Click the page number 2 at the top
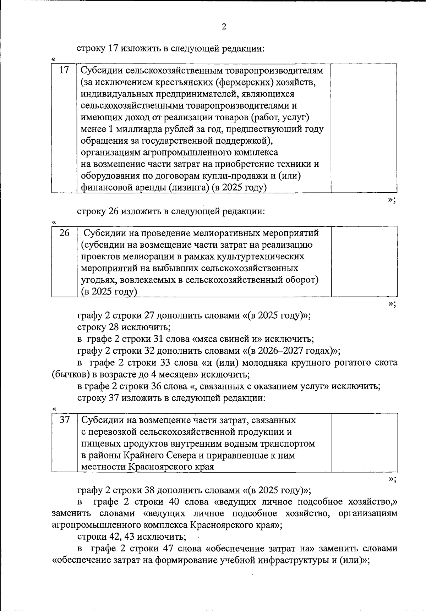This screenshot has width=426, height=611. pyautogui.click(x=224, y=27)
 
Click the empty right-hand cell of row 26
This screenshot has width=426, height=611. pyautogui.click(x=364, y=262)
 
